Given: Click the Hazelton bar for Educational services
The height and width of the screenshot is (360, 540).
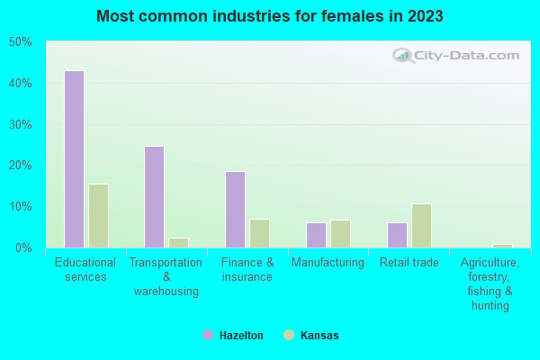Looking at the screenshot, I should (x=74, y=159).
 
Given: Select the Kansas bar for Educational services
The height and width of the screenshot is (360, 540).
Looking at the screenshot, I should (x=98, y=216).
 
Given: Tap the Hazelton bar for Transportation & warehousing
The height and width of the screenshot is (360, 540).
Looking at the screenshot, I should (x=154, y=197).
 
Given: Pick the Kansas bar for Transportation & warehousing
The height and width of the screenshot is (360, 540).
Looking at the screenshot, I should (x=178, y=243).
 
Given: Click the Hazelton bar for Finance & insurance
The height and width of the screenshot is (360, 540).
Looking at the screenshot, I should (x=235, y=210).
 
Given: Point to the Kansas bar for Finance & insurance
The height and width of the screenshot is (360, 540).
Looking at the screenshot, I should (x=259, y=233).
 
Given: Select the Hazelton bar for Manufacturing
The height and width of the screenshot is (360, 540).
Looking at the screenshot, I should (x=316, y=235).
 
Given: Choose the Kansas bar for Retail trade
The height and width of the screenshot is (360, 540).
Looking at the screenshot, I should (x=421, y=226).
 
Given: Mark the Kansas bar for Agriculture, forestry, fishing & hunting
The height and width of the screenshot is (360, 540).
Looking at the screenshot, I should (x=502, y=246).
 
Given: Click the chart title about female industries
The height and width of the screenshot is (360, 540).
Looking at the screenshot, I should (x=270, y=16).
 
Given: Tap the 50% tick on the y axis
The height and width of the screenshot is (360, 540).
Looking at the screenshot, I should (x=20, y=42).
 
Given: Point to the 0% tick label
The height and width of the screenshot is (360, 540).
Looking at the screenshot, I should (x=22, y=247).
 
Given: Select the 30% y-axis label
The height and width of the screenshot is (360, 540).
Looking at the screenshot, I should (x=20, y=124).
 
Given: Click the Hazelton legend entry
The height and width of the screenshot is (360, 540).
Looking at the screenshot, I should (x=233, y=336).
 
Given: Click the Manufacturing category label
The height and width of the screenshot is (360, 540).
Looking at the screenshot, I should (x=328, y=263).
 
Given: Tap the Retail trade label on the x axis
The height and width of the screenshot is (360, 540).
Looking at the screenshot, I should (x=409, y=263).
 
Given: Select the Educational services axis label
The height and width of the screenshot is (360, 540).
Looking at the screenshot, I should (x=85, y=270).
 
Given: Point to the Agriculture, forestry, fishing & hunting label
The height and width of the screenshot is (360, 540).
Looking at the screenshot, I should (x=490, y=284).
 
